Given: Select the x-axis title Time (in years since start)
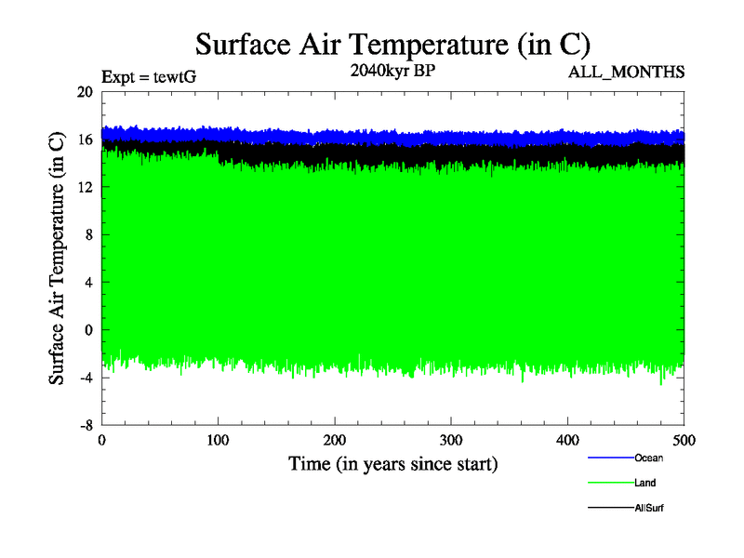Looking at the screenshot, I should (392, 463).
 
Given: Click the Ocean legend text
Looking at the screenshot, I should (649, 458).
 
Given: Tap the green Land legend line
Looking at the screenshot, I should (610, 483).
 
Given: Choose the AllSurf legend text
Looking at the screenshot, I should (649, 508).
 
